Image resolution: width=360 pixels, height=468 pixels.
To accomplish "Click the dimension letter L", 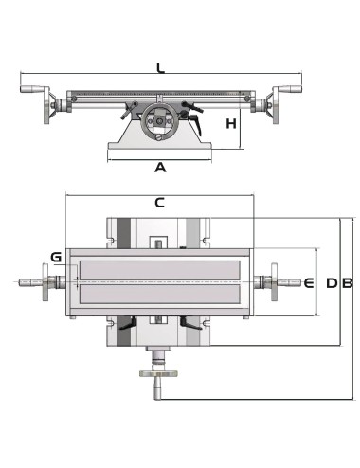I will [x=160, y=67].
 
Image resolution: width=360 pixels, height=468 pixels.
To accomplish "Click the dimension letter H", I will [x=230, y=124].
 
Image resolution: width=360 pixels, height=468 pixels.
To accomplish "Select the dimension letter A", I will [x=160, y=168].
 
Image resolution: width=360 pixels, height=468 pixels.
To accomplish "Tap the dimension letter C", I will [x=159, y=202].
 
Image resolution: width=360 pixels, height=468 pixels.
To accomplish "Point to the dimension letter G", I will [x=56, y=257].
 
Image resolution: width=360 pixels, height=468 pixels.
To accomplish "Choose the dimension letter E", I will [x=308, y=282].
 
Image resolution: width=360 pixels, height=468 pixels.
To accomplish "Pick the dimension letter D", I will [x=331, y=282].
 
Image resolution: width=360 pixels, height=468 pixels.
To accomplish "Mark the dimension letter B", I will [x=347, y=282].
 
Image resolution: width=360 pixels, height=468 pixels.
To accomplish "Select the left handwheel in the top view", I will [x=45, y=282].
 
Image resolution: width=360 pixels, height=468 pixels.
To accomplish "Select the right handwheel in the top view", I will [x=274, y=282].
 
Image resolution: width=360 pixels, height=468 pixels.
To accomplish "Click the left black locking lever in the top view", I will [x=126, y=327].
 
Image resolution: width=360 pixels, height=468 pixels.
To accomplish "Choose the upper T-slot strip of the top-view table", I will [x=159, y=269].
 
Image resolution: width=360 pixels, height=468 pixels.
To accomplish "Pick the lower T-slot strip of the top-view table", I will [x=159, y=296].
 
